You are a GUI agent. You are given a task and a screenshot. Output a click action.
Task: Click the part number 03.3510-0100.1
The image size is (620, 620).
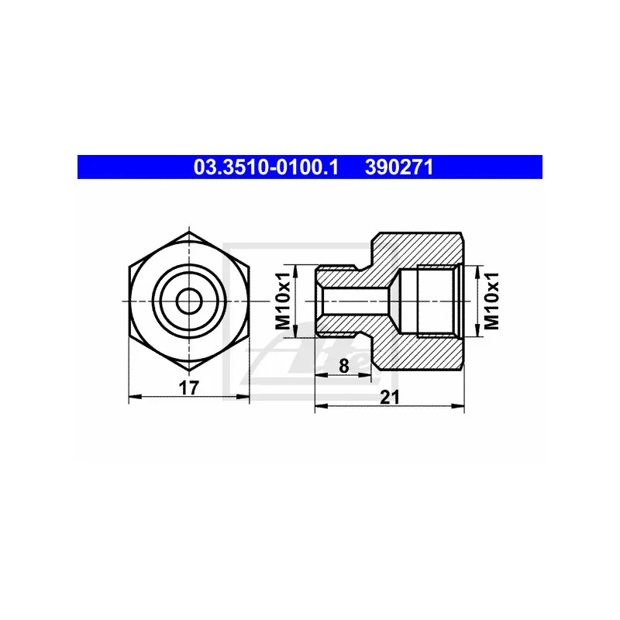coord(266,167)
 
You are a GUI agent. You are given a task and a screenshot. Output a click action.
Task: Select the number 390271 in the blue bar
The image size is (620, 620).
coord(399,167)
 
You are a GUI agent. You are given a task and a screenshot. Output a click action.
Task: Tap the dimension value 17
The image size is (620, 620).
coord(188,388)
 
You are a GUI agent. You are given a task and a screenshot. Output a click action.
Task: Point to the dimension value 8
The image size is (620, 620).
coord(343,366)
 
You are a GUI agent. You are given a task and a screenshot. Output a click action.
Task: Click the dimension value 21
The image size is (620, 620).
coord(390,398)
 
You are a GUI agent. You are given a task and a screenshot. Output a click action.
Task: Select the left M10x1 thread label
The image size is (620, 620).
coord(283,301)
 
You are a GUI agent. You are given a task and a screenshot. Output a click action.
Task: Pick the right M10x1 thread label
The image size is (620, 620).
coord(491,301)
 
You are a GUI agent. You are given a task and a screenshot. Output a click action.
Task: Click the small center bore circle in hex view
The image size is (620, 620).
coord(189,301)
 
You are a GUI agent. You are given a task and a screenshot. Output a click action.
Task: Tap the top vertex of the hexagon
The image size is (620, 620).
coord(189,232)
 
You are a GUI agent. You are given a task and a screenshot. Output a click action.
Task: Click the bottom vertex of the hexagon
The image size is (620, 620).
coord(189,370)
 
